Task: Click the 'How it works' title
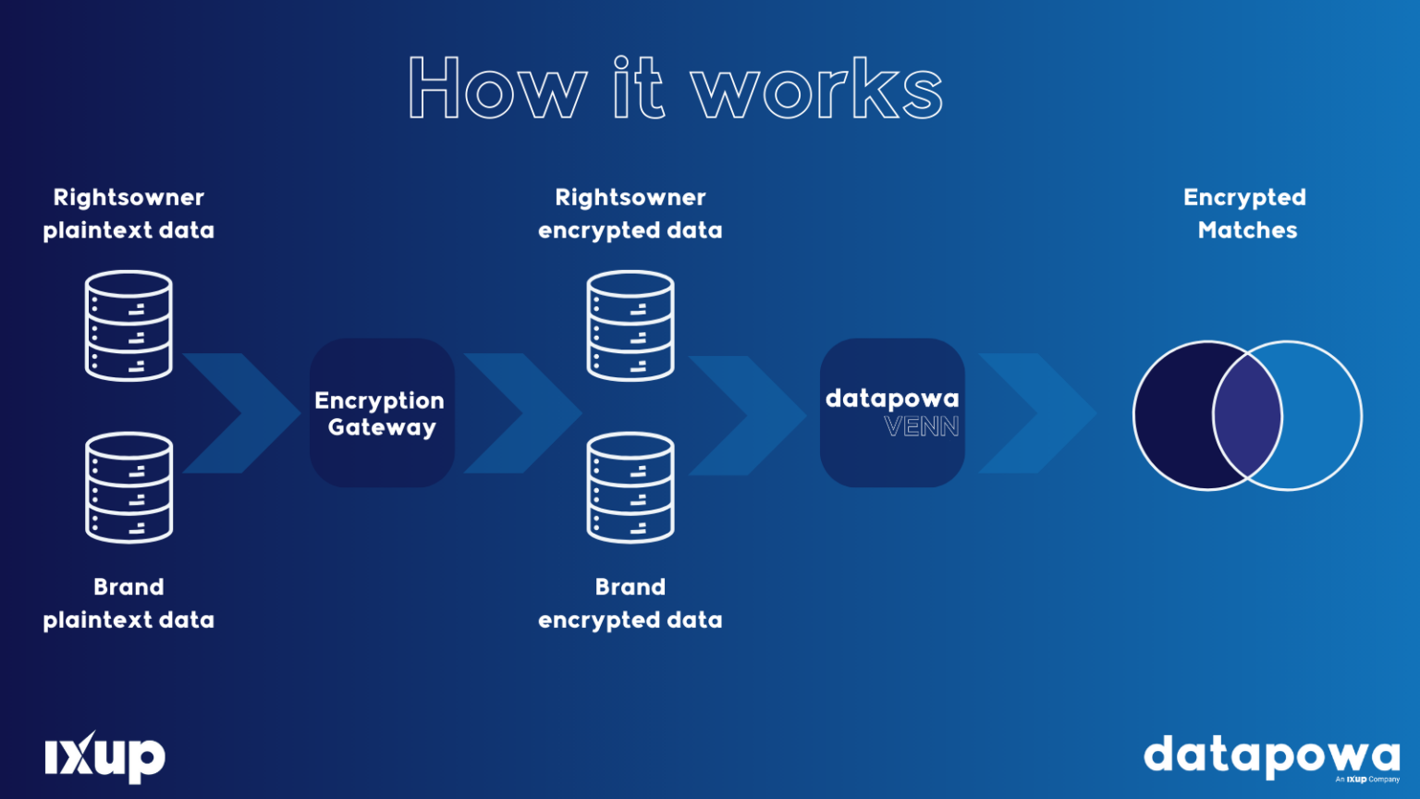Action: [675, 89]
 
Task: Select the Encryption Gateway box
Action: [382, 412]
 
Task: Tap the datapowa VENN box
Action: [892, 412]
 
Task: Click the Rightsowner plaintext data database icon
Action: [129, 326]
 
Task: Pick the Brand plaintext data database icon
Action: [129, 487]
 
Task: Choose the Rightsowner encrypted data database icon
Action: [630, 326]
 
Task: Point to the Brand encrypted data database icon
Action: [630, 487]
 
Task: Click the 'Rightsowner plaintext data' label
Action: [129, 214]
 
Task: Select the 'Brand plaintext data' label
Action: [129, 603]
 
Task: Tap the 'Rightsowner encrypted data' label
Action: [630, 214]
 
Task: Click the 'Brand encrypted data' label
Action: [630, 603]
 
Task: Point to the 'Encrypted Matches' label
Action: [1246, 214]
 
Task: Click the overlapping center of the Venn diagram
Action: [1247, 415]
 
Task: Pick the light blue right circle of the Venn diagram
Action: [1322, 415]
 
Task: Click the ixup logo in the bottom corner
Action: [104, 757]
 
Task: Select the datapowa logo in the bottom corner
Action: [1271, 757]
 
